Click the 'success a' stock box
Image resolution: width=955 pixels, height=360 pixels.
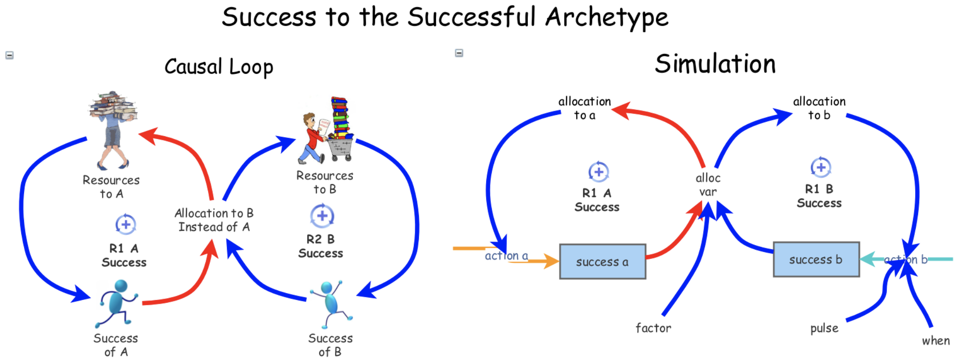click(602, 262)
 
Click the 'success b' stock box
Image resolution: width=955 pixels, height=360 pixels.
click(816, 259)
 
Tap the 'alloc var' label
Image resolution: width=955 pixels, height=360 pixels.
click(708, 185)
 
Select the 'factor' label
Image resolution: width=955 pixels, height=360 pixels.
click(653, 328)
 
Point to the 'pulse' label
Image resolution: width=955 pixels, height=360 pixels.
click(824, 328)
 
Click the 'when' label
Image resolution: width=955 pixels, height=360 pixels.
click(936, 341)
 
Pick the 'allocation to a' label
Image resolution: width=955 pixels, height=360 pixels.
click(585, 108)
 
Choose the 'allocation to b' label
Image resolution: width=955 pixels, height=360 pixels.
click(819, 108)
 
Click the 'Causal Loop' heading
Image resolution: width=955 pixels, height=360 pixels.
click(219, 67)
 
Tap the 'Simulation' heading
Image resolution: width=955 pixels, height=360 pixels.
click(715, 64)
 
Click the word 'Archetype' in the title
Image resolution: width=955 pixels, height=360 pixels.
click(607, 18)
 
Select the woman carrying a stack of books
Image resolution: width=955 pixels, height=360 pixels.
click(112, 129)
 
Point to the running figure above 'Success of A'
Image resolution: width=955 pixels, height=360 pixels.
click(116, 302)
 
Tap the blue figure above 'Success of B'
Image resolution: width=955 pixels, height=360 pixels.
click(330, 302)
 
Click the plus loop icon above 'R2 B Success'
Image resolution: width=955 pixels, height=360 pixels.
click(322, 216)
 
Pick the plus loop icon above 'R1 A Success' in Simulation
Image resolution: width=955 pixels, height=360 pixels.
click(598, 172)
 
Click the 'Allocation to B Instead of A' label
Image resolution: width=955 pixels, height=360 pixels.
click(214, 220)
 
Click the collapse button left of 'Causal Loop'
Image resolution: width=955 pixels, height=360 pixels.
click(9, 55)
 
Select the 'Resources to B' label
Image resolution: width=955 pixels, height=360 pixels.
click(325, 182)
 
